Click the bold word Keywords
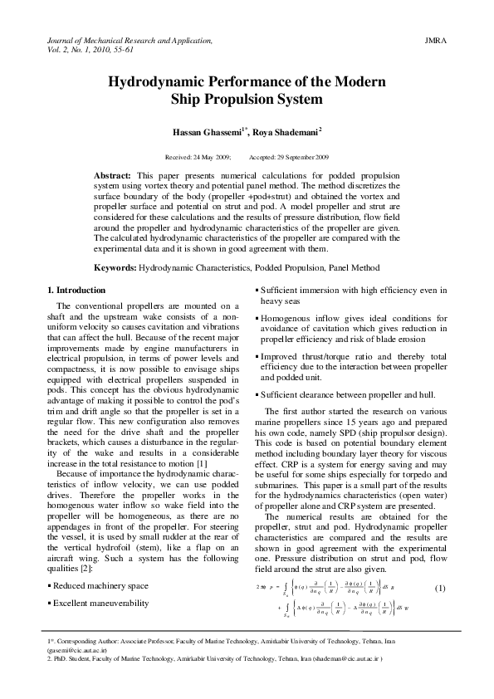(x=114, y=268)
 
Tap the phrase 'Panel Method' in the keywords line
(x=352, y=268)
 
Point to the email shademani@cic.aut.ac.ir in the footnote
(x=342, y=665)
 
